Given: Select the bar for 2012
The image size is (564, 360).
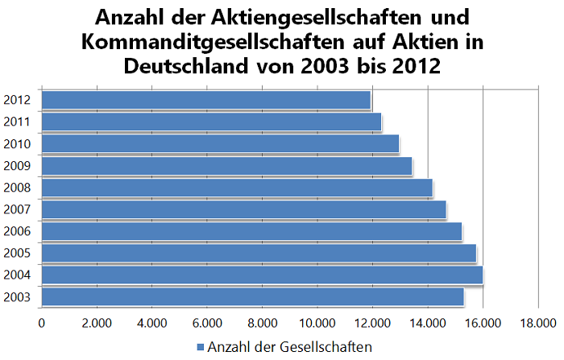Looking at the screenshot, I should coord(205,100).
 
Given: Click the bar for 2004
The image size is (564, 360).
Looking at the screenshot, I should coord(262,275).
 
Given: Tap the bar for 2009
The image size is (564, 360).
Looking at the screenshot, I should coord(226,166).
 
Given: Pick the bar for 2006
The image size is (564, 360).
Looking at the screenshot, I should coord(251,231).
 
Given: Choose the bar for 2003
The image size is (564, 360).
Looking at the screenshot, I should coord(252,296).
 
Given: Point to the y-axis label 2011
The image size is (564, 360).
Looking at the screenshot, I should coord(17,122).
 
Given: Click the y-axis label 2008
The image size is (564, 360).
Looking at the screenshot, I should coord(17,188).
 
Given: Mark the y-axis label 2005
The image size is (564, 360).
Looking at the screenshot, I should coord(17,253).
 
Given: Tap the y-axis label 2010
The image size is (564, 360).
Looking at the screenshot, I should coord(17,144).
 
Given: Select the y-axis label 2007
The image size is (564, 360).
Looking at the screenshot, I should coord(17,209).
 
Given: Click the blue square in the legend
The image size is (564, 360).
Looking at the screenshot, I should coord(201,347).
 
